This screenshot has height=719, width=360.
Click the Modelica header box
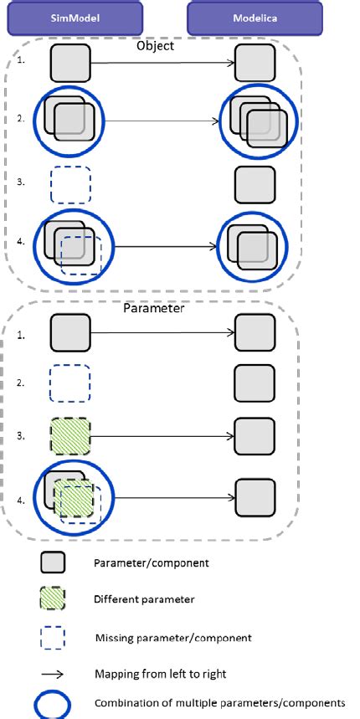(x=255, y=18)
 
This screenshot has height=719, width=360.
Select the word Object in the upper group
(x=156, y=47)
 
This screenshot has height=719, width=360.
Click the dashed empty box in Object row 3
(x=71, y=185)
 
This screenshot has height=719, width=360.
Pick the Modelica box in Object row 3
(x=255, y=186)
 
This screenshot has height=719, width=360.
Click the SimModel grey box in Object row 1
(x=71, y=64)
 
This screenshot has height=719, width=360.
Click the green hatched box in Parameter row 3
(x=70, y=436)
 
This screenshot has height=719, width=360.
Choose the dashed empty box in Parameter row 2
(x=71, y=385)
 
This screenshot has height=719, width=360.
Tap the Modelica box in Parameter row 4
(x=255, y=500)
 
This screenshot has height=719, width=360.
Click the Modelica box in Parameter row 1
(x=255, y=332)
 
